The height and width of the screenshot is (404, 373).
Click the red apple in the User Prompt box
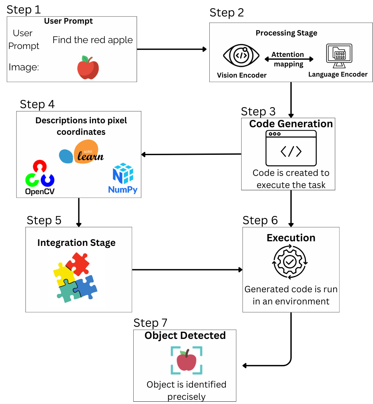pyautogui.click(x=88, y=68)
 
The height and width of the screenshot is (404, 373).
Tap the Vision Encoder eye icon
pyautogui.click(x=241, y=55)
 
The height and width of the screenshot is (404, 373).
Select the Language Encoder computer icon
pyautogui.click(x=339, y=56)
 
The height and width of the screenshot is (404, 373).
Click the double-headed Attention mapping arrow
pyautogui.click(x=289, y=59)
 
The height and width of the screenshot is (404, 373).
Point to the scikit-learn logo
pyautogui.click(x=82, y=152)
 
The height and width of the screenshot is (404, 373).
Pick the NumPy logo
pyautogui.click(x=123, y=178)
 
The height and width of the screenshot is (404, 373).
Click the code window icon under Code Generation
pyautogui.click(x=291, y=148)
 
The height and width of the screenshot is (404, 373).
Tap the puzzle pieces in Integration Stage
pyautogui.click(x=75, y=277)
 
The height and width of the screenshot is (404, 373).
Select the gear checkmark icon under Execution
pyautogui.click(x=290, y=262)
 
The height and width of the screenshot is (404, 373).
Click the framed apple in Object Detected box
pyautogui.click(x=186, y=360)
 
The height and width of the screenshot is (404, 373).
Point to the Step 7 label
pyautogui.click(x=150, y=323)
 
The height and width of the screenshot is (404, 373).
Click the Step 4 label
pyautogui.click(x=37, y=104)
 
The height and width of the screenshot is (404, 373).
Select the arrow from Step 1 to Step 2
pyautogui.click(x=172, y=49)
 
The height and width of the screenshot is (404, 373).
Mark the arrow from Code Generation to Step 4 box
pyautogui.click(x=191, y=154)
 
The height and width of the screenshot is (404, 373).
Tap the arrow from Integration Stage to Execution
pyautogui.click(x=187, y=270)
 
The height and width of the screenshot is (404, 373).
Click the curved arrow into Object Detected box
pyautogui.click(x=283, y=362)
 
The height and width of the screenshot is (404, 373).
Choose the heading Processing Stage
pyautogui.click(x=286, y=33)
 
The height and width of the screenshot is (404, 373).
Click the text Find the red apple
pyautogui.click(x=93, y=40)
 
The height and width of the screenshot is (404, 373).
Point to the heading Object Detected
pyautogui.click(x=185, y=336)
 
